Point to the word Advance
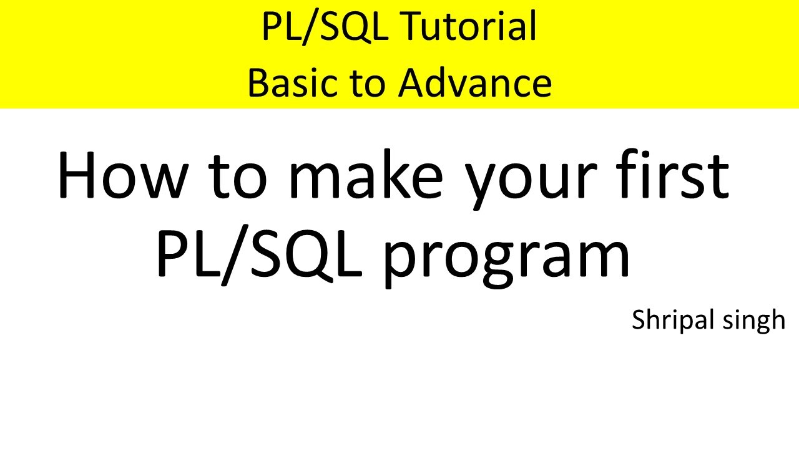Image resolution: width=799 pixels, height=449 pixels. pos(476,83)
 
